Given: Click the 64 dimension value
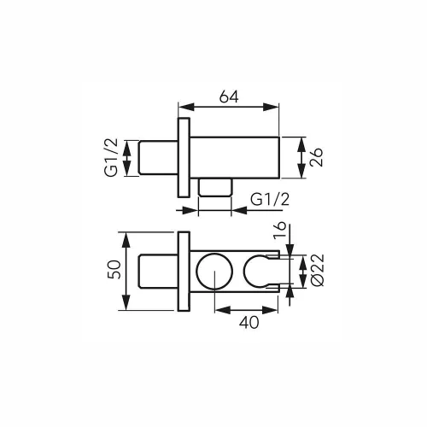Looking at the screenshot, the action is tap(229, 97).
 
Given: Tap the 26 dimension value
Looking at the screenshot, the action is tap(316, 157).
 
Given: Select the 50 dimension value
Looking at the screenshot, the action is tap(114, 269).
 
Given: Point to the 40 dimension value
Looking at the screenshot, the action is tap(249, 323).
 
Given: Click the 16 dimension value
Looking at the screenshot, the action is tap(280, 230).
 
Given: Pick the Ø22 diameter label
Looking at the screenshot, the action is tap(318, 269).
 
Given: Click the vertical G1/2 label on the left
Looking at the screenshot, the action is tap(111, 157).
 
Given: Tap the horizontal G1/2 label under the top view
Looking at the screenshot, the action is tap(270, 199).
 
